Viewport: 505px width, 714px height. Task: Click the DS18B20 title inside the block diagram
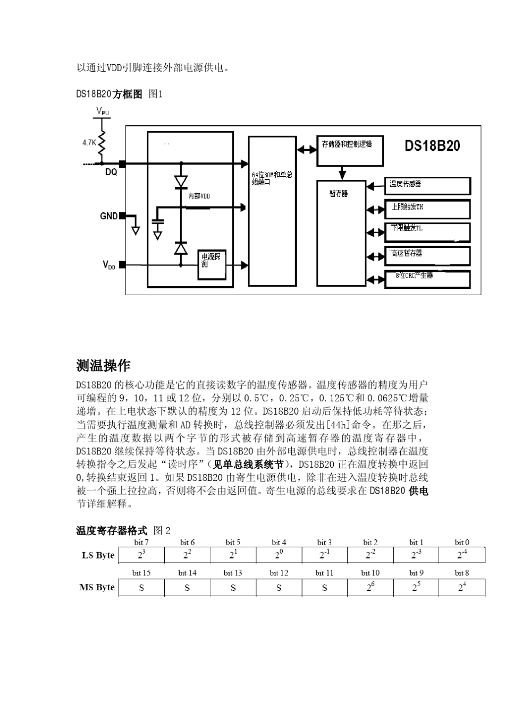[432, 146]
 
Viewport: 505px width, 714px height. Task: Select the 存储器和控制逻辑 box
[349, 150]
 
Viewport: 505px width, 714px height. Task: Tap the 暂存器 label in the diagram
[339, 193]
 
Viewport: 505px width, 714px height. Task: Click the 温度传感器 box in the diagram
[427, 185]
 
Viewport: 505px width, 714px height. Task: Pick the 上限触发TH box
[427, 209]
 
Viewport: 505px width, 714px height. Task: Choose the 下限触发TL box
[427, 232]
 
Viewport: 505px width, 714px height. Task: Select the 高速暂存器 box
[427, 255]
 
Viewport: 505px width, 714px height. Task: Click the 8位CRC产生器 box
[427, 279]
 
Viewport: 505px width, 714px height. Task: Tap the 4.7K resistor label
[89, 143]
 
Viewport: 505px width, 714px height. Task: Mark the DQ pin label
[111, 173]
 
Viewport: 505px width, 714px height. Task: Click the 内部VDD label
[199, 196]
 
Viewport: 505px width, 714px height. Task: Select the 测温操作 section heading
[103, 365]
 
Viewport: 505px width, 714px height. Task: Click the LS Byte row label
[98, 555]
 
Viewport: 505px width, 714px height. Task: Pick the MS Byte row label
[97, 587]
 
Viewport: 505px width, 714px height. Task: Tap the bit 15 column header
[141, 573]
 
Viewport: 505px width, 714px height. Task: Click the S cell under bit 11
[324, 588]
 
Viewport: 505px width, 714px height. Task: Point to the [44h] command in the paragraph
[338, 425]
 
